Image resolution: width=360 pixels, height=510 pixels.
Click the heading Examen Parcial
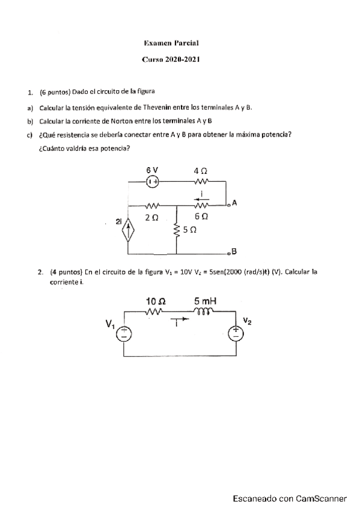[x=171, y=43]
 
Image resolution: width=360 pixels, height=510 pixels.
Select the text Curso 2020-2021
[x=171, y=59]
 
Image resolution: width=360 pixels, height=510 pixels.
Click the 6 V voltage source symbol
[x=153, y=180]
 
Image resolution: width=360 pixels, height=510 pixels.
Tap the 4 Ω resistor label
[x=201, y=171]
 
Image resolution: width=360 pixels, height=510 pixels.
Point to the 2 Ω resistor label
[x=151, y=217]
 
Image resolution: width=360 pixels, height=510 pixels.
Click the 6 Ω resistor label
[x=201, y=216]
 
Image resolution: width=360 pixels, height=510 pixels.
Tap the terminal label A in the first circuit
[x=234, y=203]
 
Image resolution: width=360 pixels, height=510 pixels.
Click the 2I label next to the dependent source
[x=119, y=223]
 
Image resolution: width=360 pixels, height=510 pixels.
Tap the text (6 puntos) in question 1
[x=55, y=92]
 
